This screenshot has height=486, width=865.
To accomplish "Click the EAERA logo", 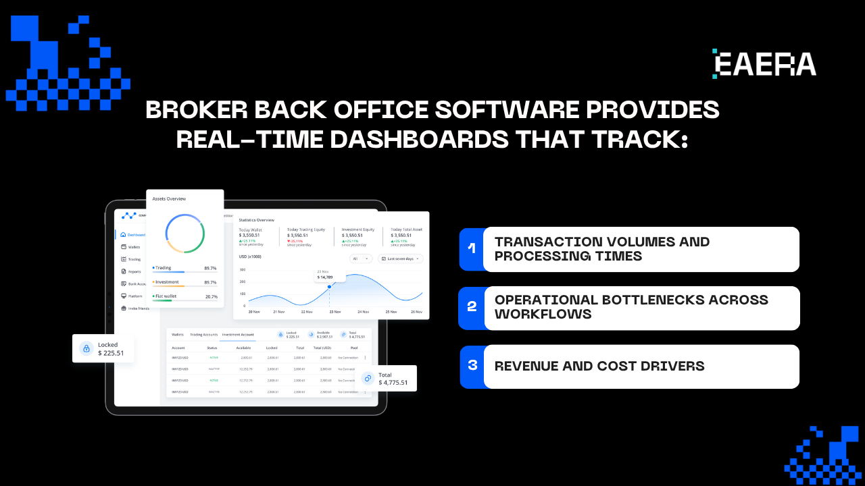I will (764, 63).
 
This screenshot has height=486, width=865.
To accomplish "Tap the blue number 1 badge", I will (472, 248).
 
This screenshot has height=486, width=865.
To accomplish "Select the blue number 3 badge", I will (472, 365).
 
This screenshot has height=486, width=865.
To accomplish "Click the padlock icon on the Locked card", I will (86, 348).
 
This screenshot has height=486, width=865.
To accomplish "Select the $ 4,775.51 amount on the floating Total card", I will (393, 383).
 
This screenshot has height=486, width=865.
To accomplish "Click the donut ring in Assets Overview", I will (185, 234).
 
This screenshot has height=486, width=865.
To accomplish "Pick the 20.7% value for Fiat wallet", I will (211, 296).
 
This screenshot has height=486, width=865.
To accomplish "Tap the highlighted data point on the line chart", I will (330, 286).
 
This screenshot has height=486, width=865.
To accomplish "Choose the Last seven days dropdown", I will (400, 259).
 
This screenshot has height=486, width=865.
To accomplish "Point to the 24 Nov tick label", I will (363, 312).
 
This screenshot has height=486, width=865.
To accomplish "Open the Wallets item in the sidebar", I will (134, 247).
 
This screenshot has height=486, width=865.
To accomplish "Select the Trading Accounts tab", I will (203, 334).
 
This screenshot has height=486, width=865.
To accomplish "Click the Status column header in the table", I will (212, 348).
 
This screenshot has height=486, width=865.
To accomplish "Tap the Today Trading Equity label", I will (305, 230).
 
